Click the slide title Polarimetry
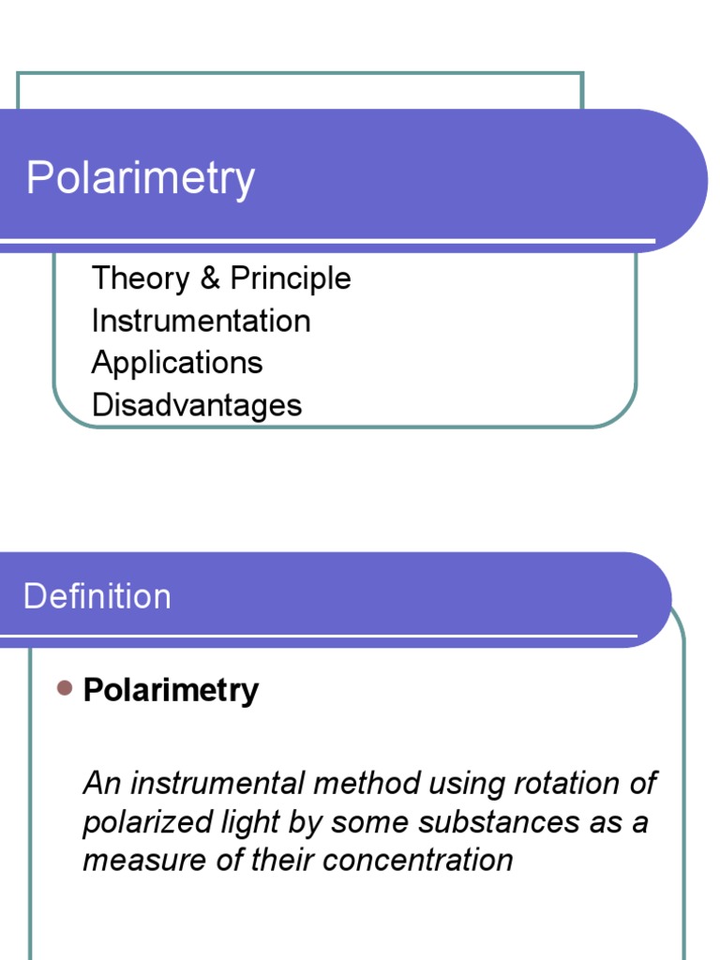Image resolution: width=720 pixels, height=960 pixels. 141,178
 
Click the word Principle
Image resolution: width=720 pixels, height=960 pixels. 291,278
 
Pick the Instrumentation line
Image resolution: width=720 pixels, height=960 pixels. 201,321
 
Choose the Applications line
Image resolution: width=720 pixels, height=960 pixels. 177,363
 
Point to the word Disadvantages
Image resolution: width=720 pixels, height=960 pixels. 197,405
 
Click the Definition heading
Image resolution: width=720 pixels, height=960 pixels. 97,596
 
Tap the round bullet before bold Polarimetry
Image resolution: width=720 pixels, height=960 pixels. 65,689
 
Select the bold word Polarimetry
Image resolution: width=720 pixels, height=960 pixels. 171,690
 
